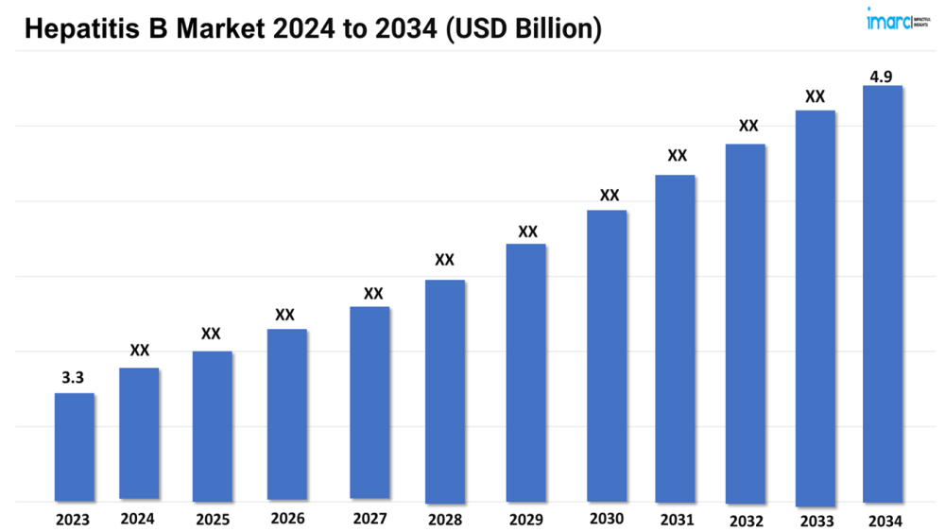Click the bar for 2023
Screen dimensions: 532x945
click(x=75, y=446)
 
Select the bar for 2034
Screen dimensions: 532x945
click(x=883, y=293)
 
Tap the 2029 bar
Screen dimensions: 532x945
click(x=526, y=372)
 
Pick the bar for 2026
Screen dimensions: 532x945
click(x=286, y=414)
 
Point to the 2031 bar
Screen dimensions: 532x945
click(x=676, y=337)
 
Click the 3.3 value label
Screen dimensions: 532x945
click(x=73, y=377)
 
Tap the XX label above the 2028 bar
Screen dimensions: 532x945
click(x=444, y=260)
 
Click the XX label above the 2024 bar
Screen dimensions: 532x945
click(x=140, y=351)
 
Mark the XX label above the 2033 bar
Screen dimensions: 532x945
click(x=815, y=95)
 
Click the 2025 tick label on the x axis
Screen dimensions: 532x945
click(x=212, y=520)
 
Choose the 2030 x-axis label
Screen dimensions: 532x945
click(x=607, y=519)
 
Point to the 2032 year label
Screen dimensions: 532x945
click(x=746, y=520)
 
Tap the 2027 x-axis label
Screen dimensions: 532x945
click(x=369, y=519)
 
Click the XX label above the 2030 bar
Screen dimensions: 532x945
click(x=610, y=196)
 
